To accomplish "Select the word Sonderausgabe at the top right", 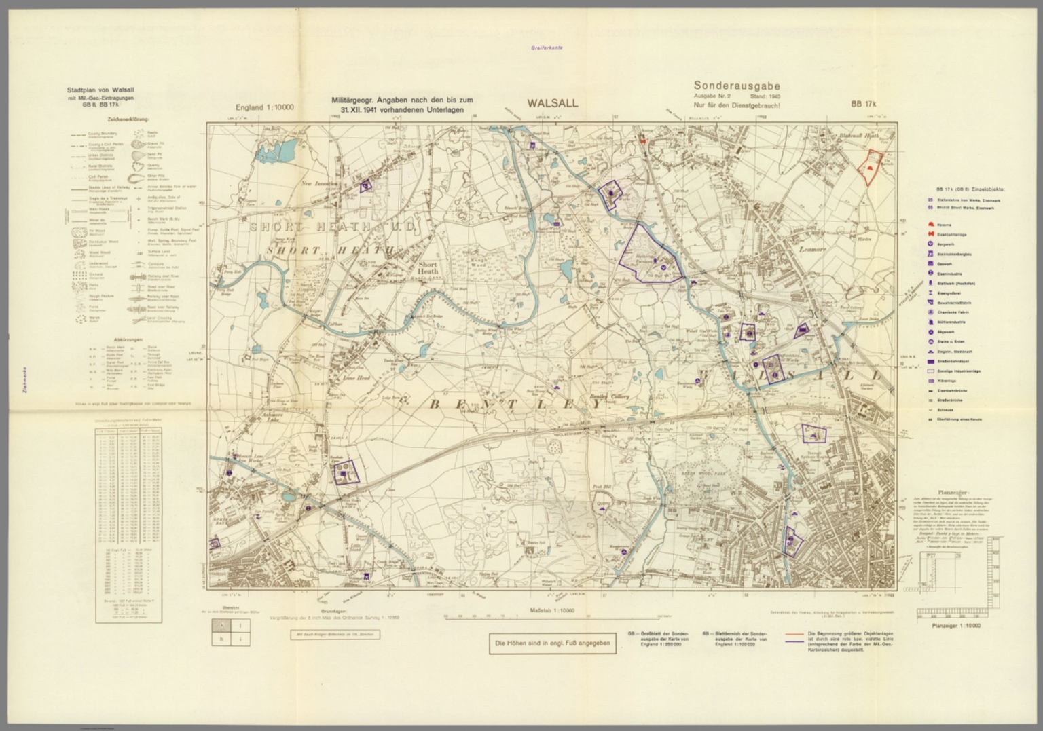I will point(736,86).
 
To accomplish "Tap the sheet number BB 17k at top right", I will point(864,104).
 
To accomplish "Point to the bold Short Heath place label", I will point(428,267).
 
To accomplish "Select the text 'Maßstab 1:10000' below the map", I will point(551,611).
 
